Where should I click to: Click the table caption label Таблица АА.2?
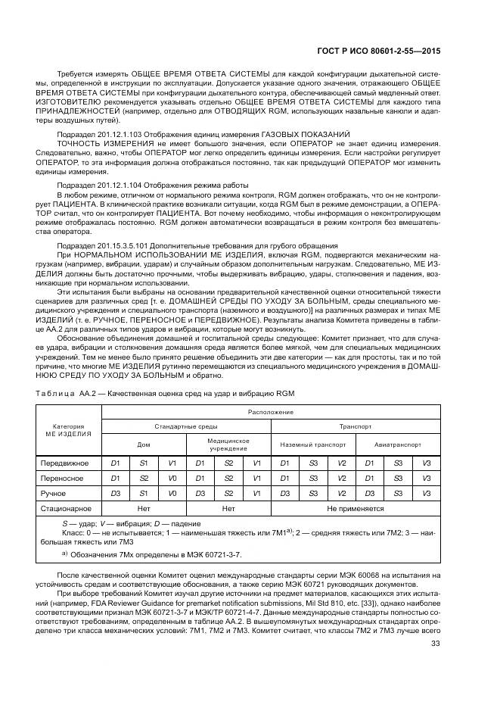[x=65, y=393]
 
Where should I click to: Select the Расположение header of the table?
[x=269, y=413]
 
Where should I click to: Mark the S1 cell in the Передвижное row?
[x=143, y=463]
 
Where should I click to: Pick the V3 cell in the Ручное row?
[x=427, y=493]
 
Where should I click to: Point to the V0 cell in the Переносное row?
[x=172, y=478]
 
